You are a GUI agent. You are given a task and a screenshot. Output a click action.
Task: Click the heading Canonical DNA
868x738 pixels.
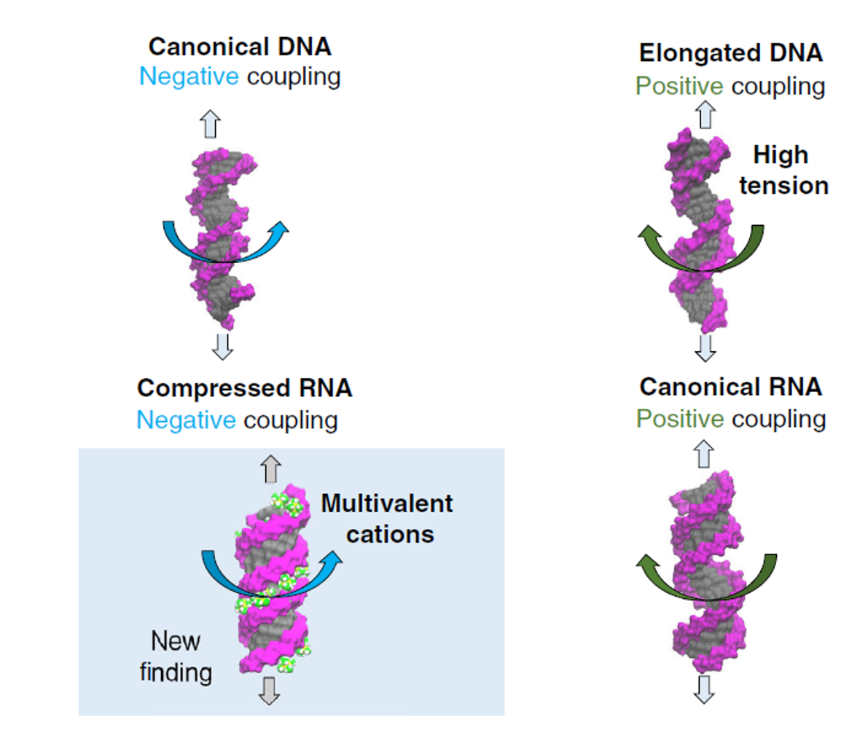(x=240, y=47)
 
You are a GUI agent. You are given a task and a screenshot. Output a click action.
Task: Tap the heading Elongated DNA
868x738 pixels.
(x=730, y=53)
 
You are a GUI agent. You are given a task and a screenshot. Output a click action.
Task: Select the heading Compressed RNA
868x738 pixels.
(x=244, y=388)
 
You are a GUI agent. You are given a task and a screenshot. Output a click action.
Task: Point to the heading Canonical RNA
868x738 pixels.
(x=730, y=386)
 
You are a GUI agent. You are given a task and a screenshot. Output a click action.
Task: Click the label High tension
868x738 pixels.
(x=783, y=170)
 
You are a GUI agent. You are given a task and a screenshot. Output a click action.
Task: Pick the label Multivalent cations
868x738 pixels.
(x=388, y=519)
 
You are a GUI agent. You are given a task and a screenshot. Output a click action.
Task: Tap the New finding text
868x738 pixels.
(x=176, y=656)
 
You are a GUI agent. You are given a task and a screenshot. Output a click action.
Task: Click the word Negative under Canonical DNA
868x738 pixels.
(x=189, y=76)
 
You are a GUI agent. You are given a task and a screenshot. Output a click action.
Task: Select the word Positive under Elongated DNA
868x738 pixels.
(x=679, y=86)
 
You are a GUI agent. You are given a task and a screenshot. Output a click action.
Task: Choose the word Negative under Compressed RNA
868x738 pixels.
(x=186, y=420)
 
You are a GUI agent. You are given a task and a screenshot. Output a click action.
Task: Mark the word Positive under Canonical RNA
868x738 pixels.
(x=679, y=419)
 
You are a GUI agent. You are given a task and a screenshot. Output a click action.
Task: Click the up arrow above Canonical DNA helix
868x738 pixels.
(x=211, y=124)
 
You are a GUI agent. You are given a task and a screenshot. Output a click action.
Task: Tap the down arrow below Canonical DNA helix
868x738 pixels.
(x=222, y=346)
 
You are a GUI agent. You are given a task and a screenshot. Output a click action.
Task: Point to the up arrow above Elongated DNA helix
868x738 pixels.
(x=705, y=114)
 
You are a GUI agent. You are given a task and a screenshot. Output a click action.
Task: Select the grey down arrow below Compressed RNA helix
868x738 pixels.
(x=269, y=690)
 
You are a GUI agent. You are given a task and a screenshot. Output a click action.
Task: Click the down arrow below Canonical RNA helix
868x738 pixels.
(x=703, y=688)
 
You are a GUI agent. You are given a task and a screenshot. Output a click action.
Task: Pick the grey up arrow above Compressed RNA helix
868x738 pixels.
(x=271, y=468)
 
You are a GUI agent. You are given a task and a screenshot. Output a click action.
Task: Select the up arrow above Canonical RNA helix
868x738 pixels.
(x=703, y=454)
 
